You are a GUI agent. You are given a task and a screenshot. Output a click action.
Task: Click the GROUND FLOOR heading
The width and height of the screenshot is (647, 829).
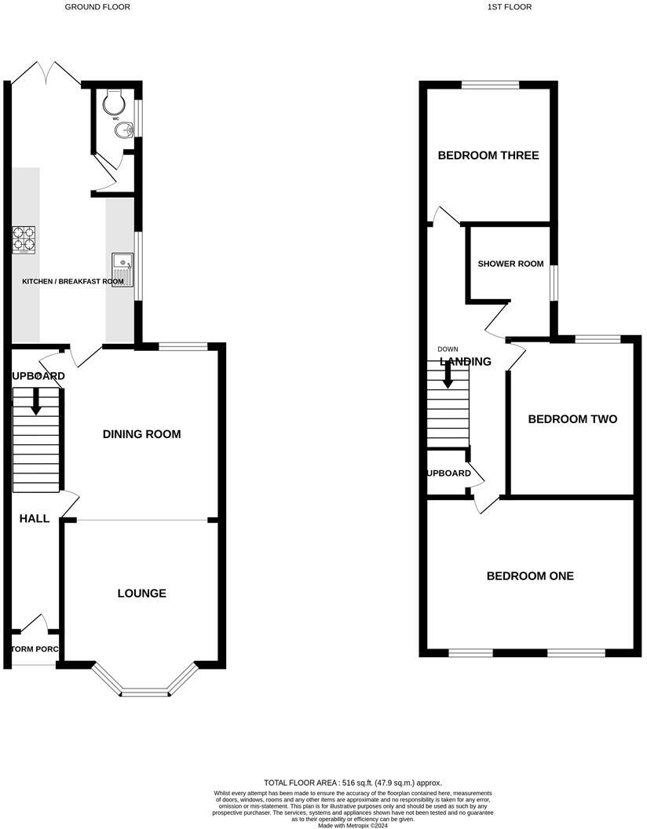[97, 7]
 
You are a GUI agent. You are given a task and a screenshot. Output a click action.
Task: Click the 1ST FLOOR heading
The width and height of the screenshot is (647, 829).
[510, 7]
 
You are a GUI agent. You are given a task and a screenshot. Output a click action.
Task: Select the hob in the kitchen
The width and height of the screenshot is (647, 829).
[24, 239]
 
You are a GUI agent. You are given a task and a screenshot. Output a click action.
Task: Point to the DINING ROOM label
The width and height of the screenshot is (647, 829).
[141, 434]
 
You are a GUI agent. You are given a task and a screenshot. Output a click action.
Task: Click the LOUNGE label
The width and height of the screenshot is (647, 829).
[141, 593]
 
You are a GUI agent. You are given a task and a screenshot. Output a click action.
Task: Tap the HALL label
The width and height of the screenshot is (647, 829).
[35, 519]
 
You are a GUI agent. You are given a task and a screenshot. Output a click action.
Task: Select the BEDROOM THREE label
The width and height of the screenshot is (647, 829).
[488, 155]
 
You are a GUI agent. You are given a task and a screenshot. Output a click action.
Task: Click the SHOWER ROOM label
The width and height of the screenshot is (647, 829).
[510, 264]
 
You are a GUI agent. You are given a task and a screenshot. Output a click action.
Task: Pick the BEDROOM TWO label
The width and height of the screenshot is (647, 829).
[572, 419]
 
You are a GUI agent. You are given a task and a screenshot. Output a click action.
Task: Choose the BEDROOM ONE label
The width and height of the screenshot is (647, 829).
[530, 576]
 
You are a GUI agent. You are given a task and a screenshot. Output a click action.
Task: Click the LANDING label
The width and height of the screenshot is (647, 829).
[466, 362]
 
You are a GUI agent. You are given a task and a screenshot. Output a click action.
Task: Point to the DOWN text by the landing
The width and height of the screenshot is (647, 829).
[448, 349]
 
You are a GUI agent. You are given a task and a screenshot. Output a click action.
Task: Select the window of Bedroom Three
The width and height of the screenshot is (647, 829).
[490, 85]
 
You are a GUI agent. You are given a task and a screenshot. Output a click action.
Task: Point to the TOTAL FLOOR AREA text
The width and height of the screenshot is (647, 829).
[353, 783]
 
